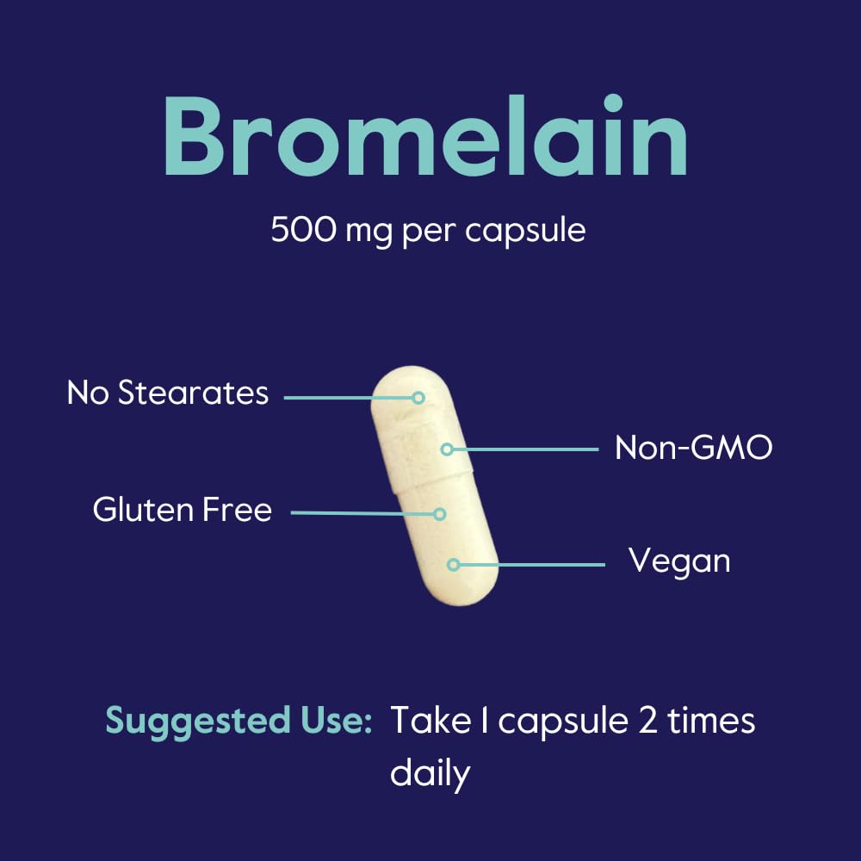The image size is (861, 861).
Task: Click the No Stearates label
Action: coord(168,393)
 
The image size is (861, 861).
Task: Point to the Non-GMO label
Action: coord(693,448)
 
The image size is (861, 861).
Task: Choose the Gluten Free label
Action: coord(183,510)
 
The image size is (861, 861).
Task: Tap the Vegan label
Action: coord(679,561)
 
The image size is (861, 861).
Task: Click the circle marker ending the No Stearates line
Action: coord(418,398)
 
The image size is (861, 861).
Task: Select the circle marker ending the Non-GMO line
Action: coord(447,449)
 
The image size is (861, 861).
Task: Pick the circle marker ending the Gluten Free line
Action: coord(439,514)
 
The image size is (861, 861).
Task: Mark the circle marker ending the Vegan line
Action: coord(453,565)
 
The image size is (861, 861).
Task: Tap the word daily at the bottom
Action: coord(430,773)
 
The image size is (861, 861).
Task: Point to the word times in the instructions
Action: coord(711,721)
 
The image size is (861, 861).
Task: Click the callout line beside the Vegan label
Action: coord(530,565)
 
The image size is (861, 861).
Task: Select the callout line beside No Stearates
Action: coord(349,398)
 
